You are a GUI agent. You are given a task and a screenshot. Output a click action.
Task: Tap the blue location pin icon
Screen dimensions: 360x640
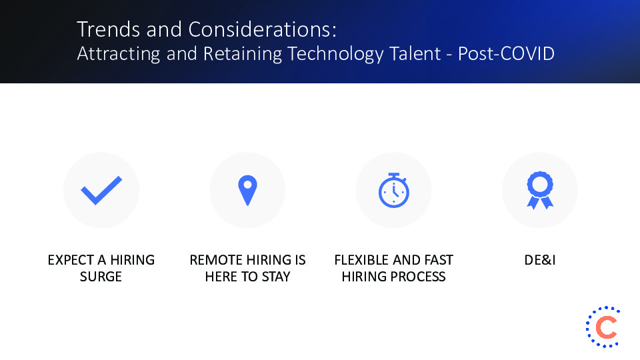tap(247, 190)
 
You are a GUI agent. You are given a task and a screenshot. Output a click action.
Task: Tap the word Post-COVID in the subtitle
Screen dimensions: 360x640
tap(506, 54)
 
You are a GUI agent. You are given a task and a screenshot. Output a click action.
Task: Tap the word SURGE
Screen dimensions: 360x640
tap(101, 276)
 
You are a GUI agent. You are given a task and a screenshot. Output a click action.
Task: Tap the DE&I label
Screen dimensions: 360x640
tap(540, 260)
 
